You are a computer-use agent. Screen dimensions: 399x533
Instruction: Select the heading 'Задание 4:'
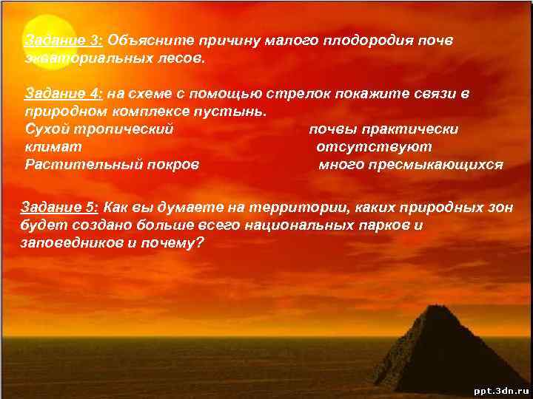(x=64, y=94)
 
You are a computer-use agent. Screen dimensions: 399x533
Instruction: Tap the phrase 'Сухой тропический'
(x=99, y=129)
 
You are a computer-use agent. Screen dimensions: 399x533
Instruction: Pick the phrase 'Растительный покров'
(x=112, y=165)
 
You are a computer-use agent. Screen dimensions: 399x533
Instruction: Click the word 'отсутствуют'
(x=374, y=147)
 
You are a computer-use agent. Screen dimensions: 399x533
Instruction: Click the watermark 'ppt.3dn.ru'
(x=501, y=389)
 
